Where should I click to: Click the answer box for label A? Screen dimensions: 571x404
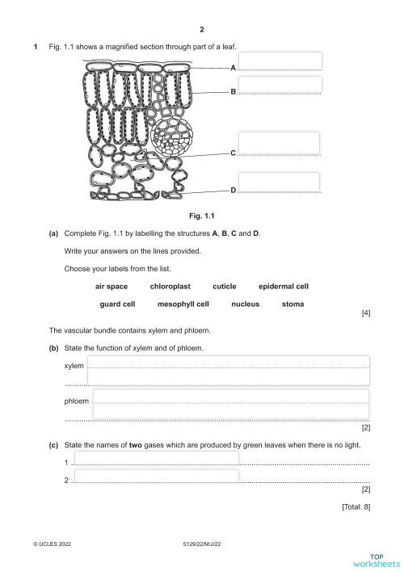280,61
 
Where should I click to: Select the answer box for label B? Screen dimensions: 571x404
280,85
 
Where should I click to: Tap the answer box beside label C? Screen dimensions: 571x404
280,143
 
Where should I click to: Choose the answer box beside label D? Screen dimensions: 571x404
280,183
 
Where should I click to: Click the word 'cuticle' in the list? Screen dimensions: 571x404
225,287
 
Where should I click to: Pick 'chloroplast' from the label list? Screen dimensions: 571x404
170,287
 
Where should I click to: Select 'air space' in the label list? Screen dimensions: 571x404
112,287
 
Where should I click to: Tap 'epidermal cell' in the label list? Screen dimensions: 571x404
284,287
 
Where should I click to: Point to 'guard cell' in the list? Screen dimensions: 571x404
118,304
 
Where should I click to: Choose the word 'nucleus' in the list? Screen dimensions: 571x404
245,304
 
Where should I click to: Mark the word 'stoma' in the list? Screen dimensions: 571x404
293,304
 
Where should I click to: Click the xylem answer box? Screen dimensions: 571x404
228,370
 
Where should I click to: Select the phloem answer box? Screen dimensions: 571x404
231,405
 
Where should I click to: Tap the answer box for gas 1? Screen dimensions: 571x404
156,458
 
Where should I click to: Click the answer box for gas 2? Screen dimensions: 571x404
156,476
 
